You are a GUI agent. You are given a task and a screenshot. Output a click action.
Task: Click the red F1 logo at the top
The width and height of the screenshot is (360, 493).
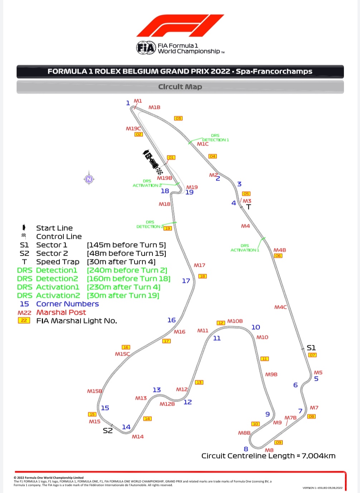[180, 26]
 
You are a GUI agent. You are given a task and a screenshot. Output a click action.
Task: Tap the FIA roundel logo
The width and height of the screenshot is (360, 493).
[146, 48]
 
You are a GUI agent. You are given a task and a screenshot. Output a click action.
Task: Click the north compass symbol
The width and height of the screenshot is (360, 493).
[89, 179]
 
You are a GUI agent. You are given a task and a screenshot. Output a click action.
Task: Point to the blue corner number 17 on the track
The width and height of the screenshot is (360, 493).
[186, 281]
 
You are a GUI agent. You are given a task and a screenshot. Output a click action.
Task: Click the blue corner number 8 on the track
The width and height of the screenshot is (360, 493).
[246, 449]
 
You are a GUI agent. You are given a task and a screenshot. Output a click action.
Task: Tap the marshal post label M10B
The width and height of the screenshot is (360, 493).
[235, 321]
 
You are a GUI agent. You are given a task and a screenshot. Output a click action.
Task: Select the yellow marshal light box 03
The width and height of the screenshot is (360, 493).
[178, 118]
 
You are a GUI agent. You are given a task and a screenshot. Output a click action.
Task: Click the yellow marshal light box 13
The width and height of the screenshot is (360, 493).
[199, 382]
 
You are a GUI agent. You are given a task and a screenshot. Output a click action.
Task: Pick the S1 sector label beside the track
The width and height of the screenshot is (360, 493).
[311, 348]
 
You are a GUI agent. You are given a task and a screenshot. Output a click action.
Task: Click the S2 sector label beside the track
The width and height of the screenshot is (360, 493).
[108, 431]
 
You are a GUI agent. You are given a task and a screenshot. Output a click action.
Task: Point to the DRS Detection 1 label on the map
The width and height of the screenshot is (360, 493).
[215, 138]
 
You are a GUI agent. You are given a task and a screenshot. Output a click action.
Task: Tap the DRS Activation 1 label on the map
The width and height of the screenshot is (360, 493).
[244, 248]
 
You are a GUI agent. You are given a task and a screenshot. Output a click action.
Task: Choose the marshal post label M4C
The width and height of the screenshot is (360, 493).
[281, 307]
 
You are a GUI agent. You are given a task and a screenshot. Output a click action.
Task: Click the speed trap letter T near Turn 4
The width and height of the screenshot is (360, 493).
[249, 207]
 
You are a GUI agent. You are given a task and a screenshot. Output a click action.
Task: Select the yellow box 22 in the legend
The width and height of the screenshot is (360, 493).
[24, 321]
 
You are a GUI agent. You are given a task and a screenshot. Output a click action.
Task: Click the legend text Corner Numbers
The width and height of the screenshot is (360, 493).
[67, 304]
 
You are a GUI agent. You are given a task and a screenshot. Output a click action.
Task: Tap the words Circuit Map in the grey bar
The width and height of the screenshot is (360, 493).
[180, 87]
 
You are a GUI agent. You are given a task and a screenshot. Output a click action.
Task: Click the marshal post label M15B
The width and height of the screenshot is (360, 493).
[94, 391]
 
